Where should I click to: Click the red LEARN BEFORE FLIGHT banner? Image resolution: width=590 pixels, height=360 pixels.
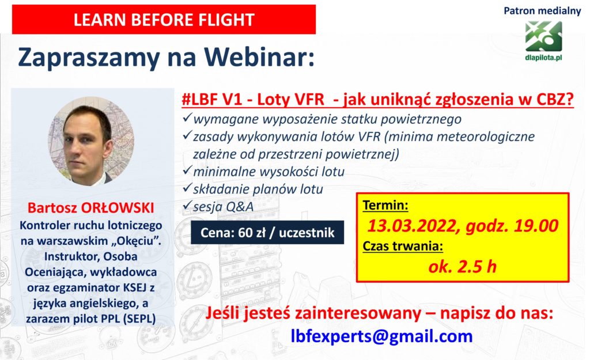[x=164, y=20]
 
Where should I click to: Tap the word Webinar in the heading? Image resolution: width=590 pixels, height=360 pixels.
[x=259, y=58]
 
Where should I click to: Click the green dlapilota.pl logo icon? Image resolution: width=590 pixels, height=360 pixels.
[x=543, y=36]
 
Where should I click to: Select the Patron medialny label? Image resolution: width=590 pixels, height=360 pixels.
[x=542, y=11]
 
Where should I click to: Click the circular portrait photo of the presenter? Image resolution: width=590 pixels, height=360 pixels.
[x=90, y=141]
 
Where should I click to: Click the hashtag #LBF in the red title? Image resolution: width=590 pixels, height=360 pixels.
[x=200, y=99]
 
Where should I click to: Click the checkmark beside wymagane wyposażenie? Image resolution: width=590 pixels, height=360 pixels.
[x=187, y=118]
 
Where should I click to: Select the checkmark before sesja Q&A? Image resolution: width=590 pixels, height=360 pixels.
[x=187, y=206]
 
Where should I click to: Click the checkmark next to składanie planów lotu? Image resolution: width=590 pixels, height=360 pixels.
[x=187, y=188]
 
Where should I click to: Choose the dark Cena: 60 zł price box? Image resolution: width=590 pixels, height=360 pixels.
[x=267, y=233]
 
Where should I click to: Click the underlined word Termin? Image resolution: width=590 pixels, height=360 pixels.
[x=385, y=206]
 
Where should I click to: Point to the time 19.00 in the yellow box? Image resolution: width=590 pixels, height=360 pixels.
[x=536, y=226]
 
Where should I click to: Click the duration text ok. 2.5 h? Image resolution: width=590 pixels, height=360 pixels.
[x=462, y=267]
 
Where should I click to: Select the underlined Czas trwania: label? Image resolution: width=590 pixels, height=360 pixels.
[x=403, y=247]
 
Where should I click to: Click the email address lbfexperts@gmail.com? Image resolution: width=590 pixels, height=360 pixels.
[x=381, y=336]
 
